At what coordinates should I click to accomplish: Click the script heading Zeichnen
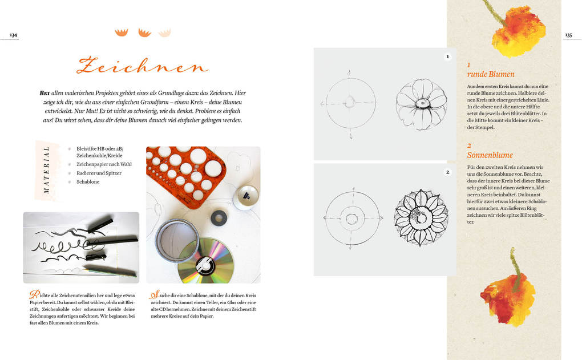click(x=142, y=65)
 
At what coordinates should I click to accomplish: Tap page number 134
click(x=13, y=35)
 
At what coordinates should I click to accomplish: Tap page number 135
click(x=568, y=35)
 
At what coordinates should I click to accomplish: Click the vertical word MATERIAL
click(x=46, y=170)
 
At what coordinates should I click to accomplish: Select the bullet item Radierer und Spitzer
click(x=99, y=173)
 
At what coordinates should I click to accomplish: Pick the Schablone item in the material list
click(x=88, y=182)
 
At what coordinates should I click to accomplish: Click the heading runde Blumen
click(x=491, y=74)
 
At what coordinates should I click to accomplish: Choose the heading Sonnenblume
click(x=490, y=155)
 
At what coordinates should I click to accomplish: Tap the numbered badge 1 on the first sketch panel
click(x=448, y=57)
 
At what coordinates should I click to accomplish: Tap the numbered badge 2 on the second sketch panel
click(x=448, y=172)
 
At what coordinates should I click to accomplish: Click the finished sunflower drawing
click(x=421, y=217)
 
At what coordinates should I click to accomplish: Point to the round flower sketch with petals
click(x=421, y=104)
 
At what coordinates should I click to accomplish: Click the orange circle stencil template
click(x=185, y=175)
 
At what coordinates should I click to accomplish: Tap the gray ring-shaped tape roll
click(x=219, y=217)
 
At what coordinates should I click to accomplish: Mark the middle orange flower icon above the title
click(x=144, y=33)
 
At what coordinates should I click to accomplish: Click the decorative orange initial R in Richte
click(x=34, y=295)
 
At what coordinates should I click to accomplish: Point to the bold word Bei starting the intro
click(x=45, y=93)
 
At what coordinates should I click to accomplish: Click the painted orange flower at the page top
click(x=518, y=29)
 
